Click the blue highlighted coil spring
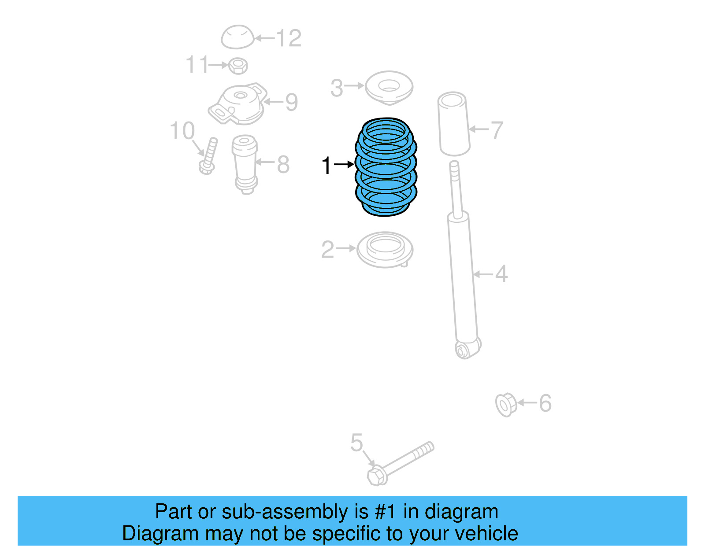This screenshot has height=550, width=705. (386, 167)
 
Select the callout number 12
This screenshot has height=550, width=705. (289, 38)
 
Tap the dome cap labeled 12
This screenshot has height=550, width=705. (237, 37)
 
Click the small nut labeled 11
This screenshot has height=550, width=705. (238, 66)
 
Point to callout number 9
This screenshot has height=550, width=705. (292, 102)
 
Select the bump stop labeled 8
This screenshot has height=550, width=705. (245, 163)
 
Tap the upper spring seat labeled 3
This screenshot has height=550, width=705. (389, 87)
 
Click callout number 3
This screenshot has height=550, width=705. (337, 88)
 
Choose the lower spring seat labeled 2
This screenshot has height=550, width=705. (385, 250)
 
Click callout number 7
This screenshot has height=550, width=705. (497, 130)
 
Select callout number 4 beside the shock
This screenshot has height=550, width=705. (501, 274)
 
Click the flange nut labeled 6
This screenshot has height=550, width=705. (506, 404)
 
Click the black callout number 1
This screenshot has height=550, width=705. (326, 166)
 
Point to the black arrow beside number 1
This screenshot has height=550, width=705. (344, 165)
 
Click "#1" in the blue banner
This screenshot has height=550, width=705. (385, 512)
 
